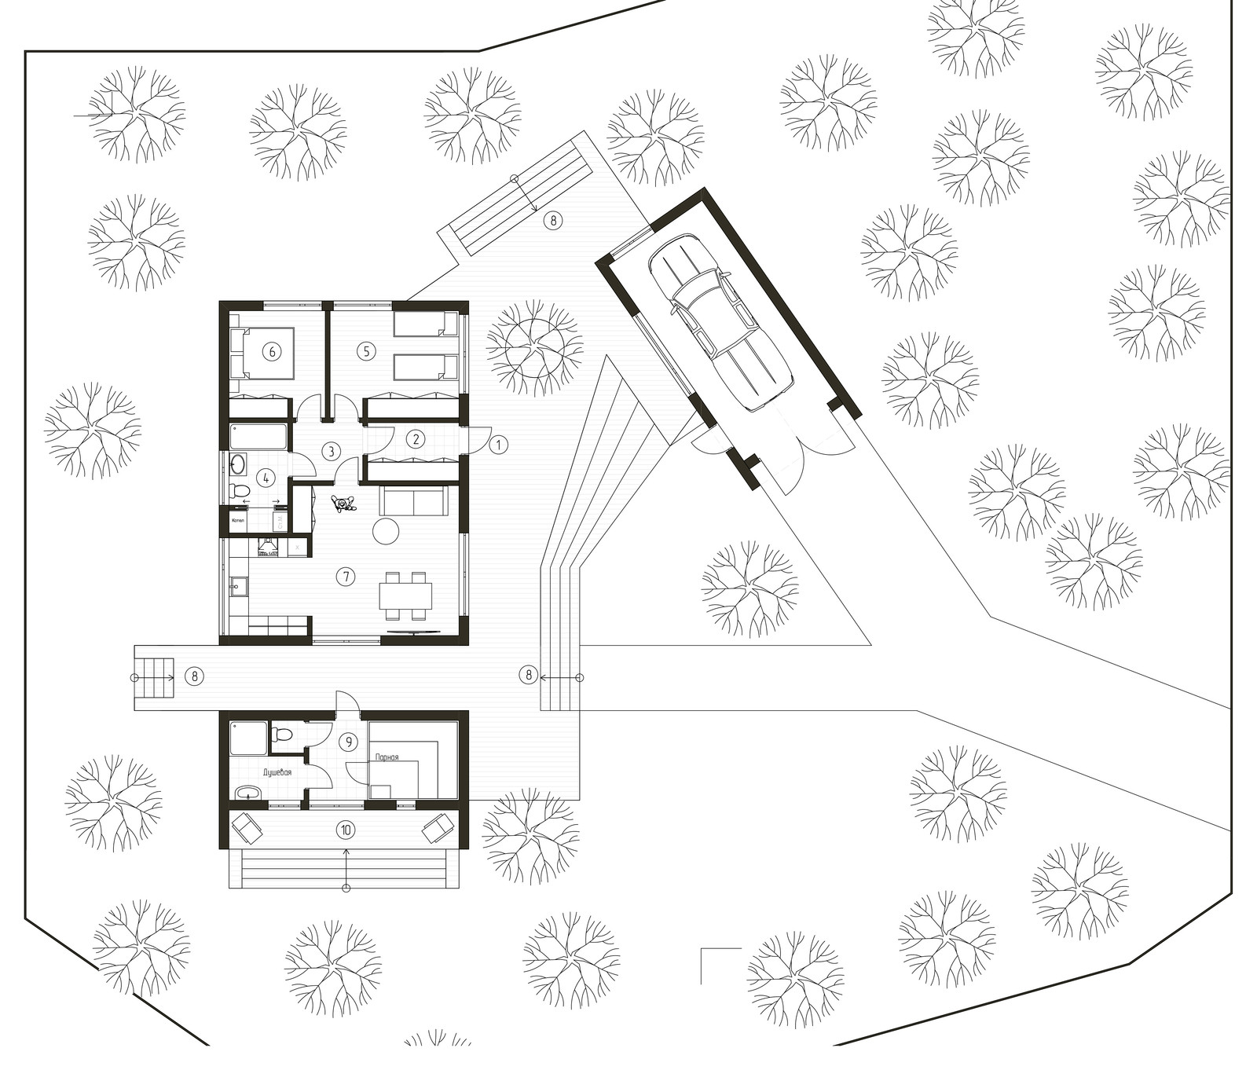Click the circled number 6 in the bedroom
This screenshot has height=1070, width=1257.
coord(273,351)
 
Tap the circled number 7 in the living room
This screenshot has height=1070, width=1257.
coord(345,576)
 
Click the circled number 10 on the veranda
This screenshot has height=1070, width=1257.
coord(345,829)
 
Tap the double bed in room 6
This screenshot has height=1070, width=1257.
coord(263,353)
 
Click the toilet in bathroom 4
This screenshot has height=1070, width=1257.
coord(239,490)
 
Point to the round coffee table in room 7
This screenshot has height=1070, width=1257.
coord(386,531)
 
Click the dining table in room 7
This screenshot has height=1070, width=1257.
coord(405,595)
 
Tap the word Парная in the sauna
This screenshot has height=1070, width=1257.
coord(387,757)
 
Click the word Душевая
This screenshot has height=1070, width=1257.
coord(277,773)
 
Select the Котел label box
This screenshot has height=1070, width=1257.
coord(238,520)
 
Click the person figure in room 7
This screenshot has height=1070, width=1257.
coord(343,504)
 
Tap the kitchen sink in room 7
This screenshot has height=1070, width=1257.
coord(238,584)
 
